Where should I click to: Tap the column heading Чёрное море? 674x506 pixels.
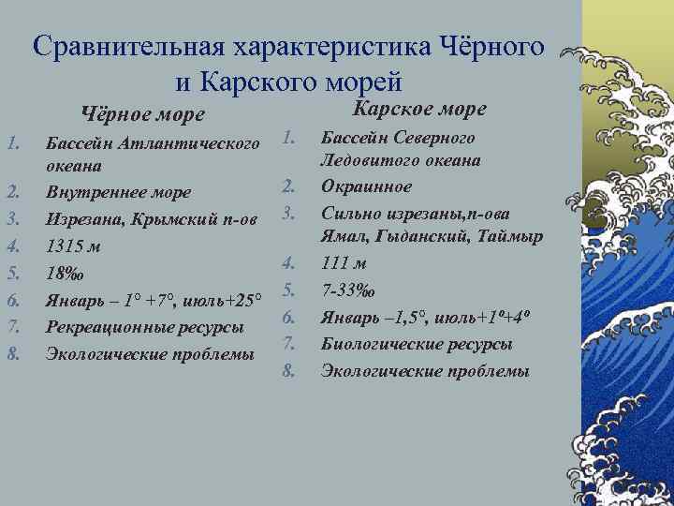click(143, 115)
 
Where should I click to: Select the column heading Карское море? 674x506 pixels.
click(418, 109)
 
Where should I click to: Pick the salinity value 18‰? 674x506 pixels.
click(65, 274)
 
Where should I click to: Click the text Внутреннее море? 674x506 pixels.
click(118, 192)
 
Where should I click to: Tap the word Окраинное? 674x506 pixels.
click(366, 186)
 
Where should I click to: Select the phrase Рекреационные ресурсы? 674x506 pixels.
click(144, 327)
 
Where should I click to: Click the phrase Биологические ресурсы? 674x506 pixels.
click(417, 344)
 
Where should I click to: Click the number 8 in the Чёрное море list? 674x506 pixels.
click(13, 354)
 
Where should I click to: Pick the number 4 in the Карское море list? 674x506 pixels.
click(290, 263)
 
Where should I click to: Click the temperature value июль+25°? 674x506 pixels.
click(223, 300)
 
